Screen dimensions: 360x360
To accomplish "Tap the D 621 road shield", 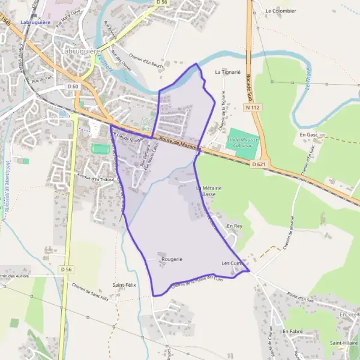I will pos(259,164).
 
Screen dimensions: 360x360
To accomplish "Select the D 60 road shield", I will pos(73,86).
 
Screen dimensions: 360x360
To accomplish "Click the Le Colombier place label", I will pos(281,11).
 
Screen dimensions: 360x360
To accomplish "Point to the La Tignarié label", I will pos(227,71).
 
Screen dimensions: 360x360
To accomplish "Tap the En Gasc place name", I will pos(308,136).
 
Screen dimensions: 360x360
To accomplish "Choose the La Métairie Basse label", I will pos(208,191).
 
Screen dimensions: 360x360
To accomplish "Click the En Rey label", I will pos(234,226).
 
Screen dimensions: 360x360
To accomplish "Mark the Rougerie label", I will pos(171,259).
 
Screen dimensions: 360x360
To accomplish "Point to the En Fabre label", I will pos(292,331).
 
